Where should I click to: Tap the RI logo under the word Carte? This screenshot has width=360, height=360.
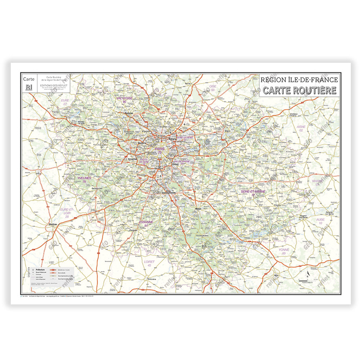[28, 87]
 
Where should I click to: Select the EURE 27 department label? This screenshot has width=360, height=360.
[65, 102]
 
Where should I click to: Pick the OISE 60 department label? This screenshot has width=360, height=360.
[213, 88]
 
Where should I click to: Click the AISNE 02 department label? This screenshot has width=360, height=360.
[301, 128]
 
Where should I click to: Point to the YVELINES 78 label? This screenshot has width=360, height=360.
[84, 179]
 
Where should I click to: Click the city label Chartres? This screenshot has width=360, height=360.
[53, 224]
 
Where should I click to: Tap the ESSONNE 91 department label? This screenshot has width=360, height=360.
[146, 223]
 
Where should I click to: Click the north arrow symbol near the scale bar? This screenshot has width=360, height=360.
[307, 275]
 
